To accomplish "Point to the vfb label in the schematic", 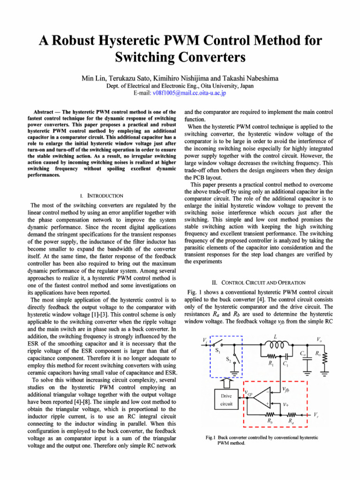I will (285, 389).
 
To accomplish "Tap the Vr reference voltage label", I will (317, 415).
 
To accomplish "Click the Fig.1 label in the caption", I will (210, 438).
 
